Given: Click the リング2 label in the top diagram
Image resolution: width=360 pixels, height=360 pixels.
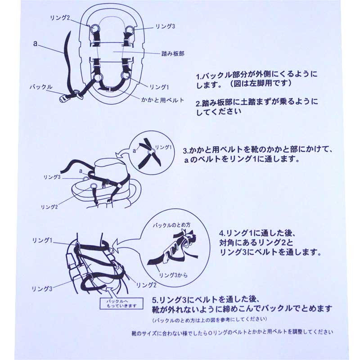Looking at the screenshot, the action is pyautogui.click(x=60, y=18).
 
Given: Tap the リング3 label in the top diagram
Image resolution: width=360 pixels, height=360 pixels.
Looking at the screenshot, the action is pyautogui.click(x=165, y=27).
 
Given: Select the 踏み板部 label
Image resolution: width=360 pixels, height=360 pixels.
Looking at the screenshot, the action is pyautogui.click(x=173, y=54).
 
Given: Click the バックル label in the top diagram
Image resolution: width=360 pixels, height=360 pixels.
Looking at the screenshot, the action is pyautogui.click(x=41, y=87).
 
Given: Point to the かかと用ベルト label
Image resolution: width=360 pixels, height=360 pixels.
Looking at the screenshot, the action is pyautogui.click(x=162, y=100).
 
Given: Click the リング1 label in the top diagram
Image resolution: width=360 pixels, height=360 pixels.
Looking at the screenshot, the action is pyautogui.click(x=159, y=87).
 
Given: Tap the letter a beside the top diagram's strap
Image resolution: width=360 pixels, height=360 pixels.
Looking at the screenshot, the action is pyautogui.click(x=35, y=43).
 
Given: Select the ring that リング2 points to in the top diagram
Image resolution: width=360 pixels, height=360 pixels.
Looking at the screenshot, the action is pyautogui.click(x=94, y=29).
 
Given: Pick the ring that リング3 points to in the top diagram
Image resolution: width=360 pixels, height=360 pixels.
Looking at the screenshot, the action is pyautogui.click(x=130, y=30).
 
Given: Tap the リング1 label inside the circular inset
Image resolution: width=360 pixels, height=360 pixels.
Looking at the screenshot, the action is pyautogui.click(x=163, y=147).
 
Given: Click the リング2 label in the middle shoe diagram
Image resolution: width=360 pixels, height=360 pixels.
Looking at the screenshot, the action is pyautogui.click(x=49, y=207).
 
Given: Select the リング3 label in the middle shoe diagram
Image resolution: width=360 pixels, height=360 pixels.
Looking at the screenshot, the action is pyautogui.click(x=52, y=177).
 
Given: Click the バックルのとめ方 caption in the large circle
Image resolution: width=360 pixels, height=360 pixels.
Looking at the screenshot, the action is pyautogui.click(x=172, y=225).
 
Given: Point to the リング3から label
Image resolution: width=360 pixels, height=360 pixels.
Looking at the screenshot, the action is pyautogui.click(x=173, y=275).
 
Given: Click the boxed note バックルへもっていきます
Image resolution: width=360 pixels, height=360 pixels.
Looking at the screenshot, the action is pyautogui.click(x=121, y=303).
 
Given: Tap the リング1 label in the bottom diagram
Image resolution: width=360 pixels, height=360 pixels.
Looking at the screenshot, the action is pyautogui.click(x=42, y=240).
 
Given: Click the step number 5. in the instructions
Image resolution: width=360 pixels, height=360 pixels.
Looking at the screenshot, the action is pyautogui.click(x=155, y=300).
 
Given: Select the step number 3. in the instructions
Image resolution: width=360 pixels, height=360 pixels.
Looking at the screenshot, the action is pyautogui.click(x=186, y=150).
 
